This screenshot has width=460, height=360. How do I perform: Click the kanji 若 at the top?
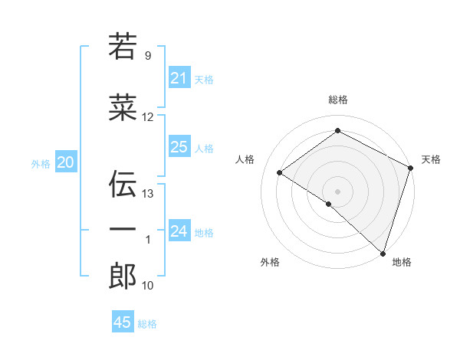click(123, 47)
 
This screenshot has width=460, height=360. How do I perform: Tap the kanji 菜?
click(123, 109)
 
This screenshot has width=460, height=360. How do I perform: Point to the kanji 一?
click(123, 229)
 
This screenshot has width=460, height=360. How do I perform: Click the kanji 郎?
click(123, 277)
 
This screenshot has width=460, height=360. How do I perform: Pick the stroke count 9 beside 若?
click(148, 56)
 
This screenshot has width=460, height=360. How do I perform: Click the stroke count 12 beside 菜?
click(148, 117)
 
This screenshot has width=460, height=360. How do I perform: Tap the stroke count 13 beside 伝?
click(148, 194)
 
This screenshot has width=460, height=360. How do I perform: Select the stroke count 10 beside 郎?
click(148, 286)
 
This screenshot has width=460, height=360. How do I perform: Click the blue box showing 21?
click(179, 78)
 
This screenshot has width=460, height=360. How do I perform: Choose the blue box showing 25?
click(179, 147)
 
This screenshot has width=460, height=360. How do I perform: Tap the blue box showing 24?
click(179, 231)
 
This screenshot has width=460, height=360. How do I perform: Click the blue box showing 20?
click(66, 162)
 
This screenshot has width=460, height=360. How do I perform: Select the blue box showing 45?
click(123, 322)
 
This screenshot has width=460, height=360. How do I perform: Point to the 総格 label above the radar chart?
click(337, 100)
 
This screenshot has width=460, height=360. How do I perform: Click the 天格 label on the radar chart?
click(431, 159)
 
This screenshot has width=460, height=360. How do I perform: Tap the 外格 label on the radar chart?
click(270, 262)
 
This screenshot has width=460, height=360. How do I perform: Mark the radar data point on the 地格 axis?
click(383, 253)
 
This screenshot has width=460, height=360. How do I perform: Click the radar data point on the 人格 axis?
click(280, 173)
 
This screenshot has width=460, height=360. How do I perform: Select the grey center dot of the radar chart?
click(337, 191)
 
